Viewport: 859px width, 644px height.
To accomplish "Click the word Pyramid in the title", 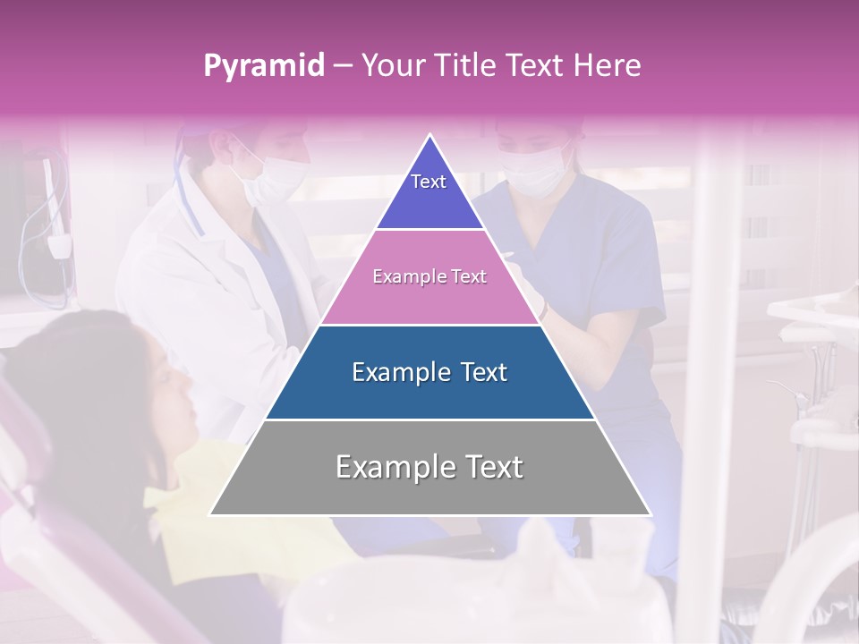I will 263,66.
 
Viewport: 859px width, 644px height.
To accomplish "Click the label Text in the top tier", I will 429,182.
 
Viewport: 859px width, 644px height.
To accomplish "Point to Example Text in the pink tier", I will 429,277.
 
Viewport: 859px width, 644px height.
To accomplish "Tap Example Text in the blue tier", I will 429,372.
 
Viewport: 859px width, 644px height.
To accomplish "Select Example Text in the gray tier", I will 429,467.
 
